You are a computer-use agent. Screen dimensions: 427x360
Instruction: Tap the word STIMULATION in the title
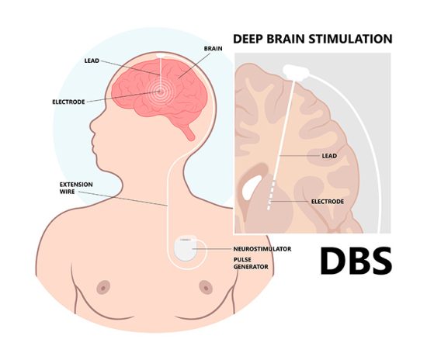coord(350,39)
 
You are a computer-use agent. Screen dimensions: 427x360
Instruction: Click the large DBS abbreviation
coord(356,261)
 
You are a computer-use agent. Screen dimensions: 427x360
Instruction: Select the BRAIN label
coord(213,48)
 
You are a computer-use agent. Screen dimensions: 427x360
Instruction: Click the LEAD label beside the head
coord(92,61)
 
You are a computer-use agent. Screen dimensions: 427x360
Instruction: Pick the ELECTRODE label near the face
coord(68,102)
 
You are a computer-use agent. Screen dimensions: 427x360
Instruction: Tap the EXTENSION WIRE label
coord(76,188)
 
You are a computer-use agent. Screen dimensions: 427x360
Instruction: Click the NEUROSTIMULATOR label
coord(262,249)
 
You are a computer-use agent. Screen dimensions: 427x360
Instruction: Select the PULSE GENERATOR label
coord(251,263)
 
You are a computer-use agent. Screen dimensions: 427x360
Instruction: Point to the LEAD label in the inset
coord(329,156)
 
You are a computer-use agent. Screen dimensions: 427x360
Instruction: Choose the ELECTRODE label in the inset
coord(328,202)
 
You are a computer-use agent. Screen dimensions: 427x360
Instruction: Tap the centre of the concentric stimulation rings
coord(160,92)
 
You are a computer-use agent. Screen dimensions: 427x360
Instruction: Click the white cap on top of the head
coord(161,55)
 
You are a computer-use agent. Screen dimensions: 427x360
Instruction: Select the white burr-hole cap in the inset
coord(296,72)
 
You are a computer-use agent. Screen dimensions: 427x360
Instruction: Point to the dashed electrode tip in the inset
coord(271,194)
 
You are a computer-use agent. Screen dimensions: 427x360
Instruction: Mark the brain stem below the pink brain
coord(189,131)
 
